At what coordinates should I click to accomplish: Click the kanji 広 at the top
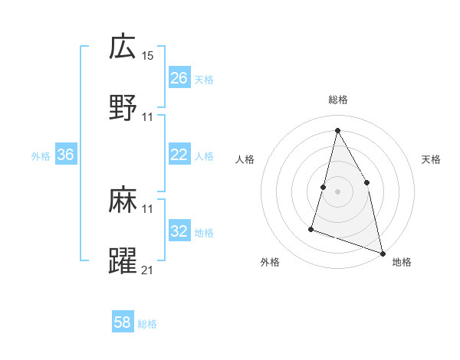coord(123,47)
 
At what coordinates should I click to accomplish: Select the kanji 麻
coord(123,201)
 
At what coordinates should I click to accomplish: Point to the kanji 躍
coord(123,260)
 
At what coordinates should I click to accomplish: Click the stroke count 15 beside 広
coord(148,57)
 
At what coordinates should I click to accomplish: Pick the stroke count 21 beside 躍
coord(148,270)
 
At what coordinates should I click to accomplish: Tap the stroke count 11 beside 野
coord(148,116)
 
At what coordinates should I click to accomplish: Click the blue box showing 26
coord(179,78)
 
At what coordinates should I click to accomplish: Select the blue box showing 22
coord(179,155)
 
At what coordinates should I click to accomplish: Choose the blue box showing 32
coord(179,231)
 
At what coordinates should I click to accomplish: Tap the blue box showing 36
coord(66,155)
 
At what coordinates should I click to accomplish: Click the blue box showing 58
coord(123,322)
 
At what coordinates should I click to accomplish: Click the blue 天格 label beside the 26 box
coord(204,79)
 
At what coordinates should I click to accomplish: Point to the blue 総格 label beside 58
coord(147,323)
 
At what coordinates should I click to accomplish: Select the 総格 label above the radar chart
coord(338,100)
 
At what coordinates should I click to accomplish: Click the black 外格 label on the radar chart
coord(270,262)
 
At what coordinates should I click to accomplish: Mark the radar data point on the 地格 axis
coord(383,252)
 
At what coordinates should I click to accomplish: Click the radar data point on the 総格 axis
coord(337,129)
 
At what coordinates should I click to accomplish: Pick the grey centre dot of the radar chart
coord(337,191)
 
